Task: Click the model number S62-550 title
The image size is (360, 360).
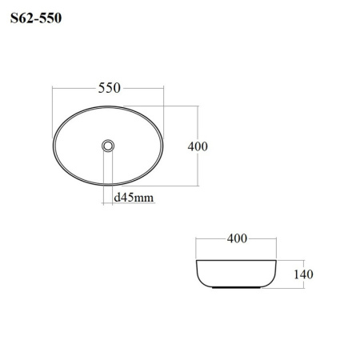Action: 36,18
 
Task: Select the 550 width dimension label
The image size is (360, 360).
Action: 110,88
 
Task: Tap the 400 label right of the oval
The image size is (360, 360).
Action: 198,146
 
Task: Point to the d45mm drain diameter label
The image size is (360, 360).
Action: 134,198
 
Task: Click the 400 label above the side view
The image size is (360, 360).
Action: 237,238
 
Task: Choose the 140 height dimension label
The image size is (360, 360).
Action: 303,274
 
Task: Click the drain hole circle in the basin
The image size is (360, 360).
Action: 108,146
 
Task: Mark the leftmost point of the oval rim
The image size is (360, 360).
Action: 53,146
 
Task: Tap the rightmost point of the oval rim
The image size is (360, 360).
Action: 162,146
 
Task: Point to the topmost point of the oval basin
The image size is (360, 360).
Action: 108,106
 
